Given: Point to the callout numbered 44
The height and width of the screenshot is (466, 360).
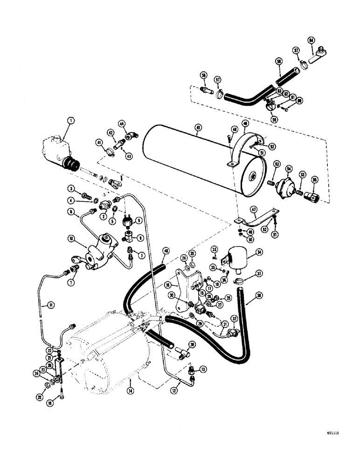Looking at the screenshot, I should (123, 124).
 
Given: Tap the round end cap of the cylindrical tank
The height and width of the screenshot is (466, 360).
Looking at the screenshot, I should (252, 176).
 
